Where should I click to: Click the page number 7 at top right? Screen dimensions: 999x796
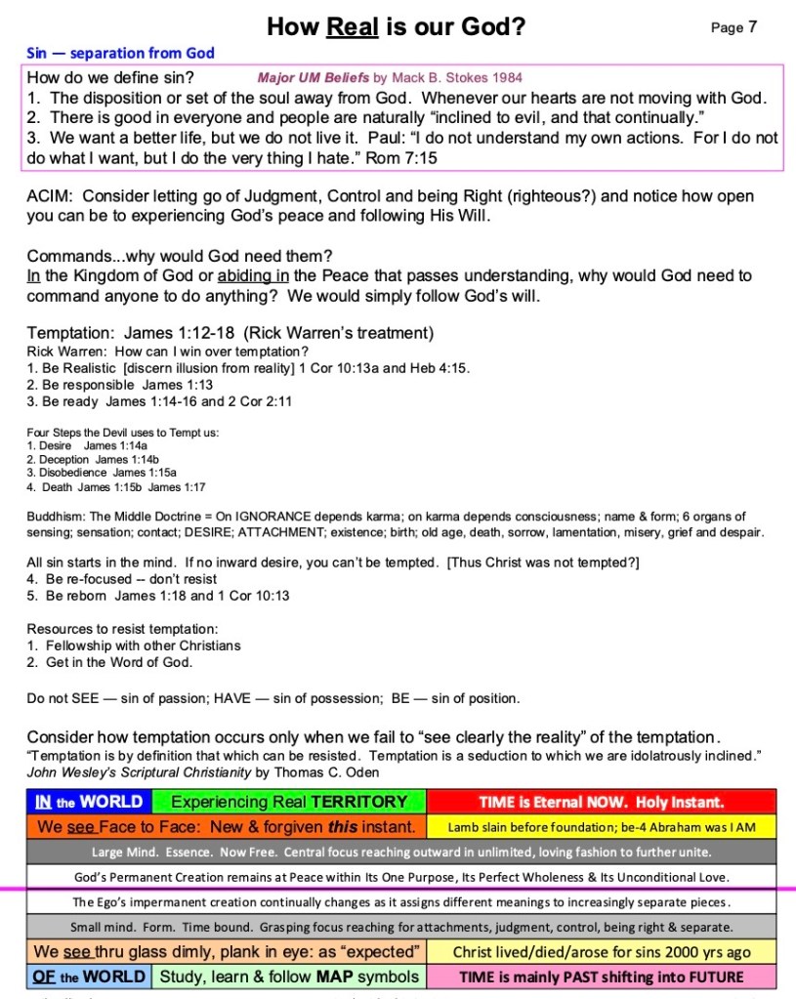pos(752,27)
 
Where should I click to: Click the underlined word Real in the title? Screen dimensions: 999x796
pos(352,27)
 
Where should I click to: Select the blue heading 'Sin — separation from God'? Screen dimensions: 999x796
pos(120,53)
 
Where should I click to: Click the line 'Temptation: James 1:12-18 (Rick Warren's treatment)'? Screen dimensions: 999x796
pos(230,333)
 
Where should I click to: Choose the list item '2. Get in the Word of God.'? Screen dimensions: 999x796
pos(108,663)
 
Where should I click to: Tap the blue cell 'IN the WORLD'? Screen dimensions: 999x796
pos(88,803)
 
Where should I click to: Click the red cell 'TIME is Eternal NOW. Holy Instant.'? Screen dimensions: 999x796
pos(601,803)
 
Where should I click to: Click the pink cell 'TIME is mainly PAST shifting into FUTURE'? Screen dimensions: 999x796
pos(601,977)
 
